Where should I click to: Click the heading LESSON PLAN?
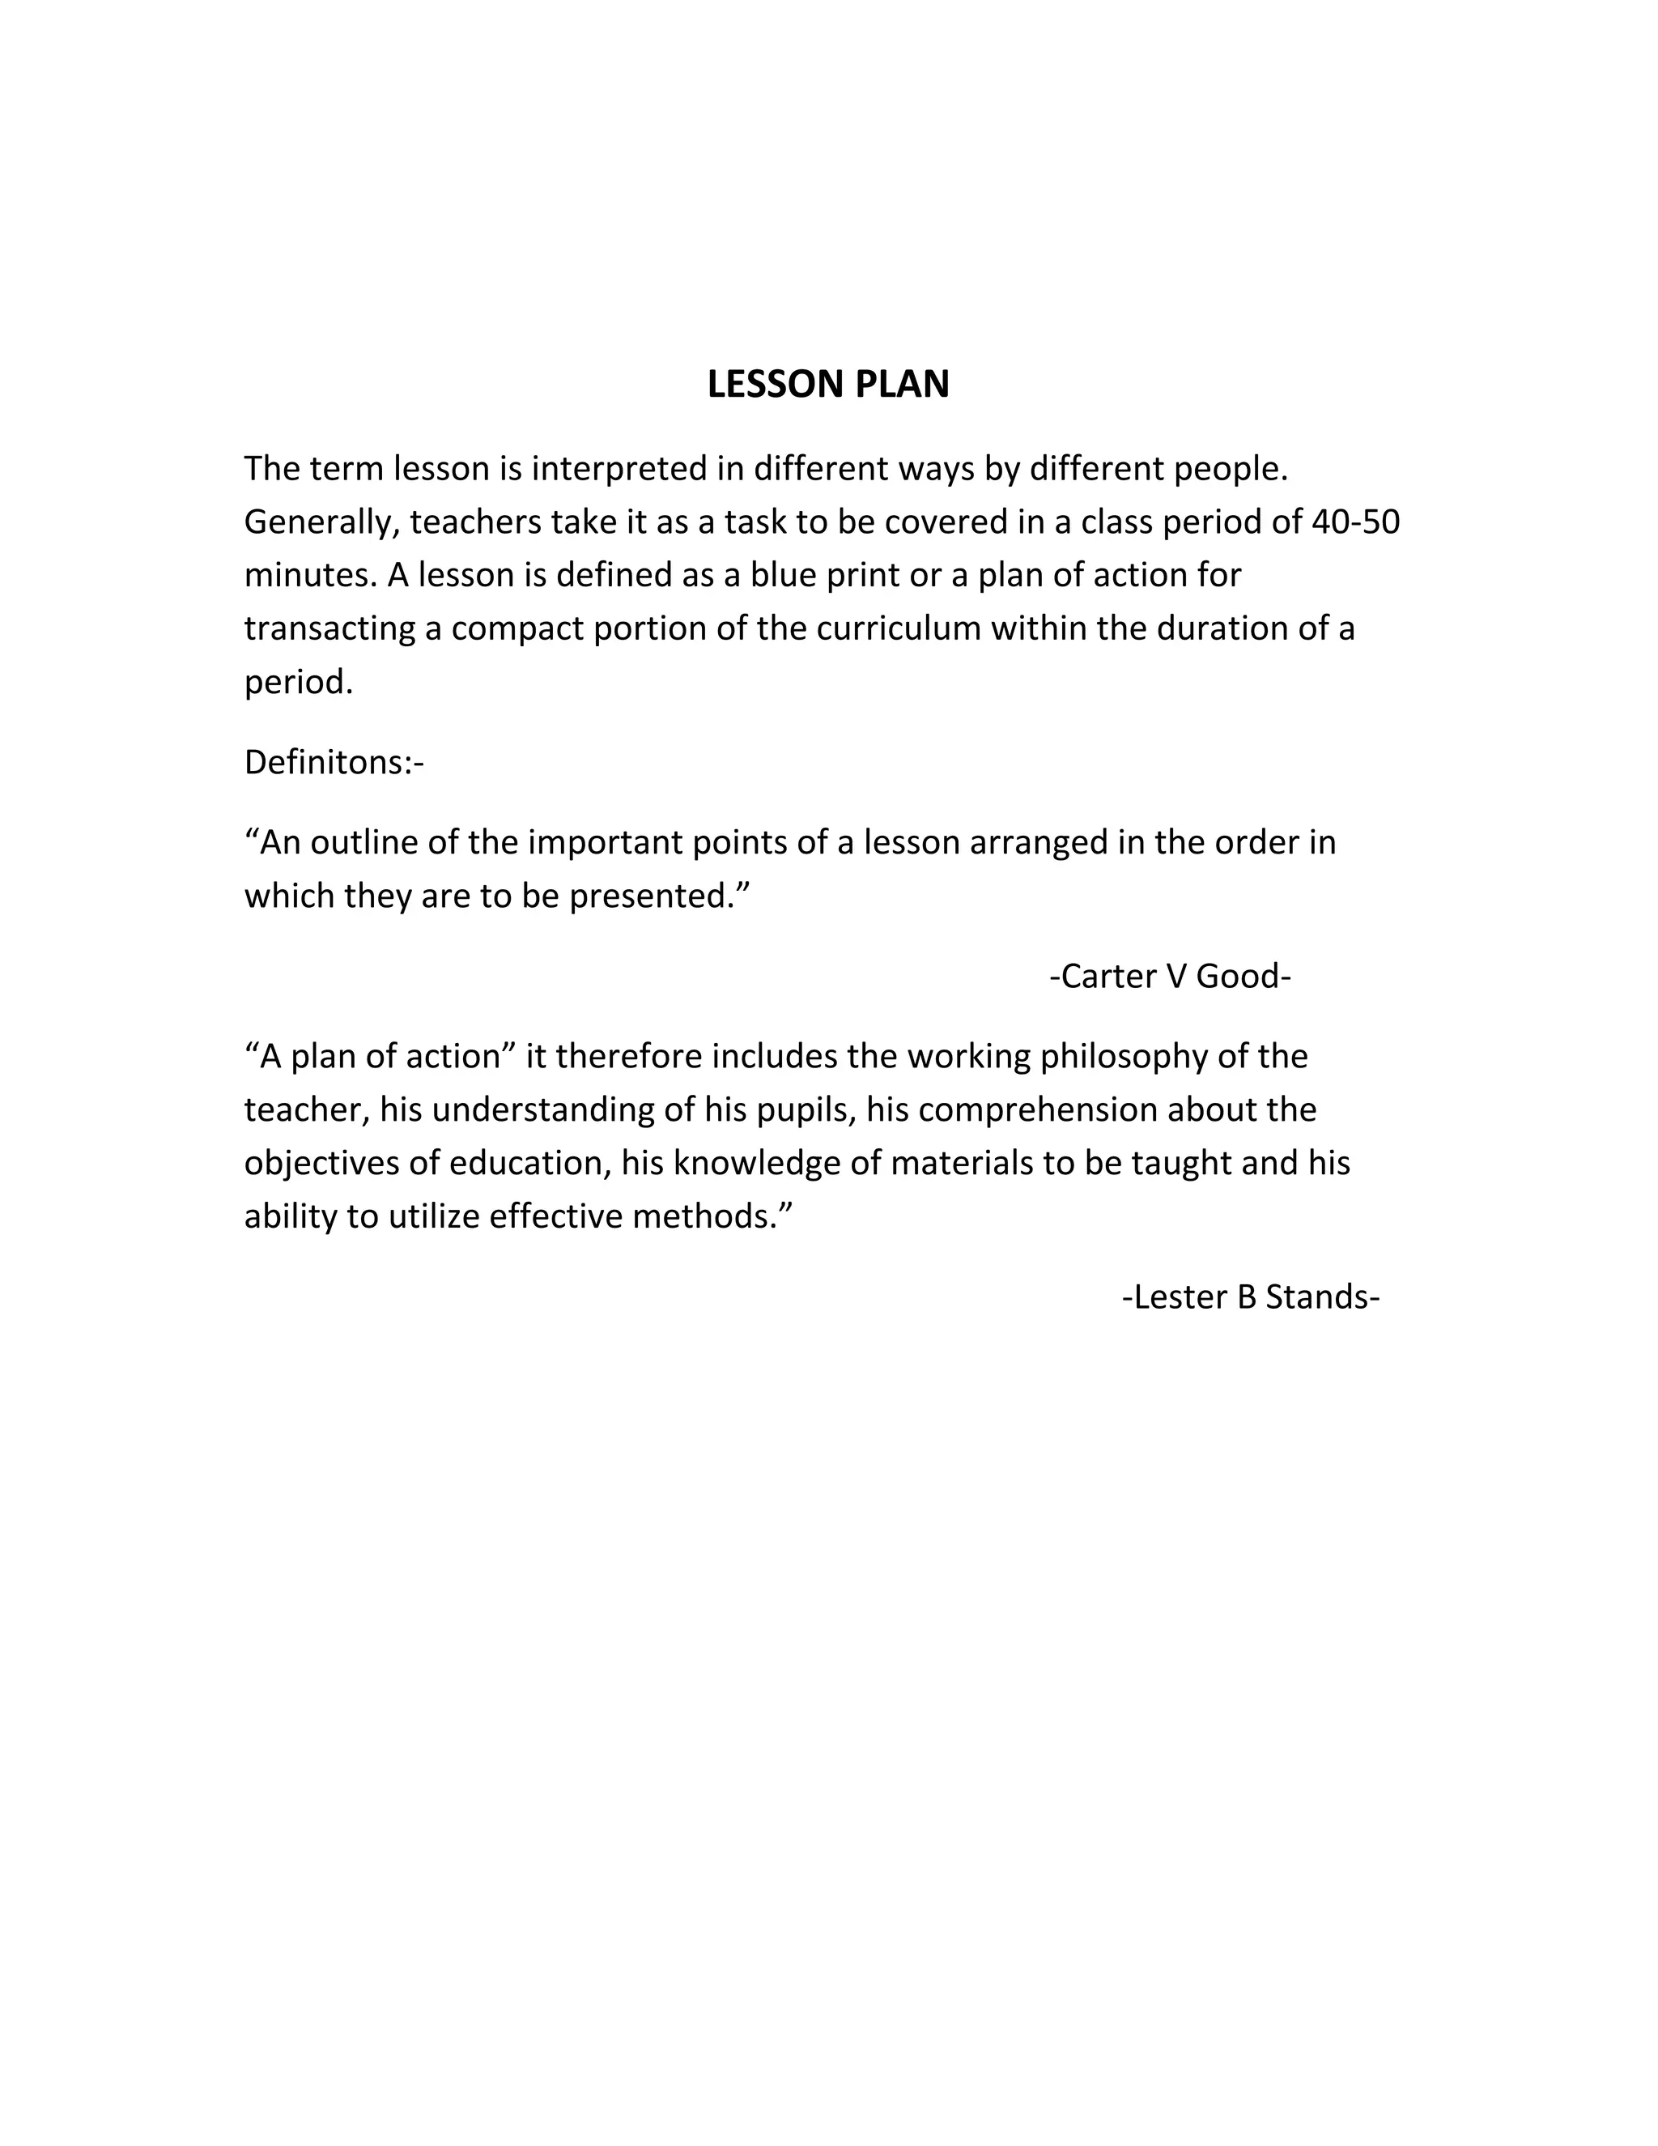coord(828,384)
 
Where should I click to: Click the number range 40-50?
coord(1355,522)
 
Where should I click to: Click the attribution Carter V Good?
coord(1170,976)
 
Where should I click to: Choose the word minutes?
coord(310,575)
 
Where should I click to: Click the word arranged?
coord(1038,842)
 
